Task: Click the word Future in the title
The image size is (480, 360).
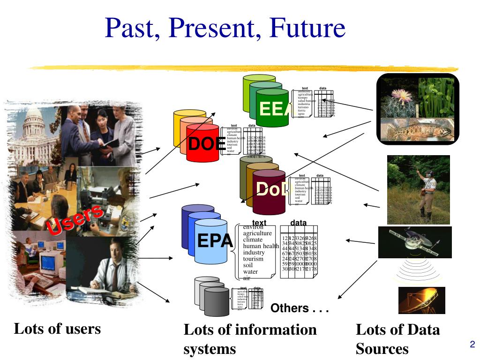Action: [307, 28]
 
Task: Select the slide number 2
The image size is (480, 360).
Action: [472, 345]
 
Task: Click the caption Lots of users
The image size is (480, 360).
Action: [57, 329]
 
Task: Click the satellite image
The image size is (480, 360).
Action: [415, 241]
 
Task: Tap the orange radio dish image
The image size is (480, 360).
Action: [421, 300]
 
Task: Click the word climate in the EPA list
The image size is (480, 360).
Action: [253, 240]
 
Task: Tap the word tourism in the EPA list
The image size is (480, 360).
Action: [253, 259]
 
